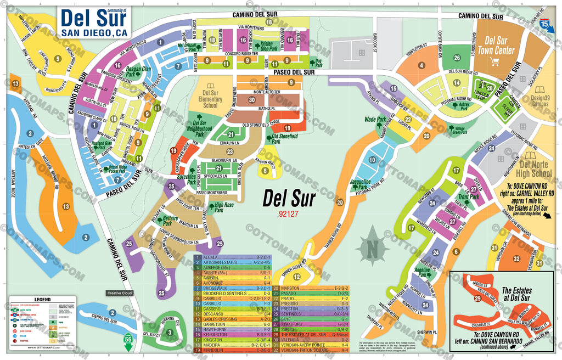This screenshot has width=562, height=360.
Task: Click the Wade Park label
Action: (x=375, y=119)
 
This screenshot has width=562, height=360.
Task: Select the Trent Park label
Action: (x=468, y=197)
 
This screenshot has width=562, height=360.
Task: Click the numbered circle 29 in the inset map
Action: (x=477, y=299)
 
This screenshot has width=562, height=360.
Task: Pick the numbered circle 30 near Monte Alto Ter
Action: (x=251, y=100)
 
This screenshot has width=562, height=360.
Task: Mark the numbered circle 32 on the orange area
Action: (x=516, y=258)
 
